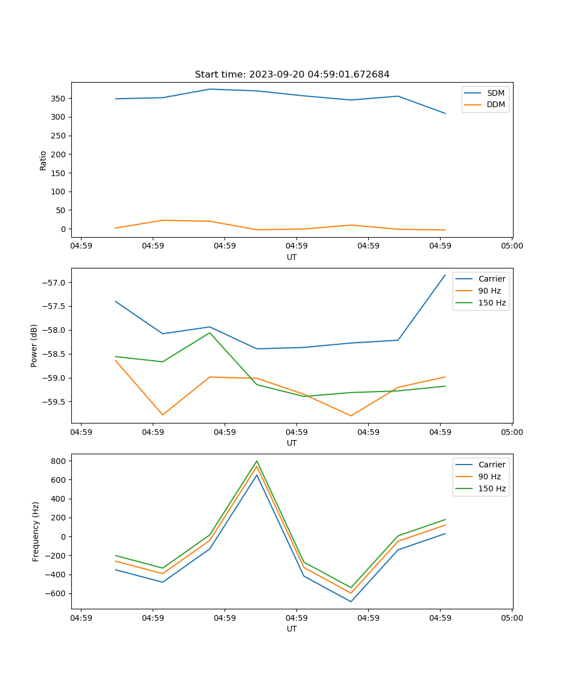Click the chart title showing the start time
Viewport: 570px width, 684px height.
click(x=292, y=75)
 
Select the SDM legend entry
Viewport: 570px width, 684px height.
click(x=495, y=93)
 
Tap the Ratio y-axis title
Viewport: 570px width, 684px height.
click(x=43, y=160)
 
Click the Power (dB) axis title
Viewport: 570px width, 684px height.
click(x=34, y=345)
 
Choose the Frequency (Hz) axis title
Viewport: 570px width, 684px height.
click(x=36, y=531)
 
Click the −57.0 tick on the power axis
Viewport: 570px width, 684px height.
click(x=55, y=283)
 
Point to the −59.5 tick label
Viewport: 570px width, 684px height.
click(x=55, y=402)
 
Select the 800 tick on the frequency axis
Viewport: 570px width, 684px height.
click(x=60, y=461)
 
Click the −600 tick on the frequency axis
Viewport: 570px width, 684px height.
click(x=57, y=593)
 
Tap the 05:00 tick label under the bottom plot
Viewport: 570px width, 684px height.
click(x=511, y=618)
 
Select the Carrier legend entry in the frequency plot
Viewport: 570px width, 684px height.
click(x=491, y=465)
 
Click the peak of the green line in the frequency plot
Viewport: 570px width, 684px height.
click(x=256, y=461)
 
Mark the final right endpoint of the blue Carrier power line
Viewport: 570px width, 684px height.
click(x=445, y=275)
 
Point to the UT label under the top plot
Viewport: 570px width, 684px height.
click(x=292, y=257)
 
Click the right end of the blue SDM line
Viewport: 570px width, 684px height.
click(x=445, y=113)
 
